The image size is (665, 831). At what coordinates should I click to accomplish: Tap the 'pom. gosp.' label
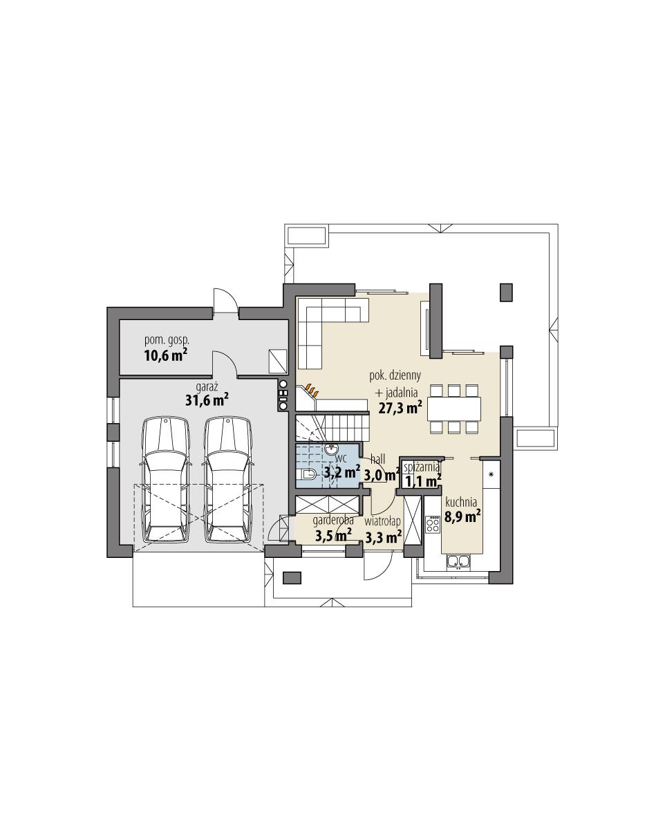tap(166, 340)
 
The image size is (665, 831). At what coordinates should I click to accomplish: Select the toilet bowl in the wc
tap(308, 474)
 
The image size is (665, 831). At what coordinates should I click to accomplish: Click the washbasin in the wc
tap(331, 449)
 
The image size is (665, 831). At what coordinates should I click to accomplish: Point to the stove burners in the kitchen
tap(433, 524)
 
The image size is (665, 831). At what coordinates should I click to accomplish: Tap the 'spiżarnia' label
tap(422, 468)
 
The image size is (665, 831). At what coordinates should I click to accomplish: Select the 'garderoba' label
tap(333, 521)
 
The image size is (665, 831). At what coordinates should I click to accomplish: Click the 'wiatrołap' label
tap(384, 521)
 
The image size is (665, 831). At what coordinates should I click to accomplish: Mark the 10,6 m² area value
tap(166, 355)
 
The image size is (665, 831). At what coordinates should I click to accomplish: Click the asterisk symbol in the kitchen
tap(491, 475)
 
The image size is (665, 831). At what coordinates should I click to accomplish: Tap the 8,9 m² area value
tap(462, 516)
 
